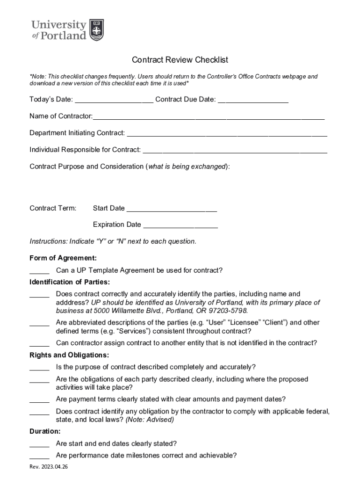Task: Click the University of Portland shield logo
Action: (x=96, y=30)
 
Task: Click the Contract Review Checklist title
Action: (x=180, y=60)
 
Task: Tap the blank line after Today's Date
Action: (x=114, y=100)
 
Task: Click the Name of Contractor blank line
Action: (x=209, y=116)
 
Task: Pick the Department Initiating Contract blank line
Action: (x=227, y=133)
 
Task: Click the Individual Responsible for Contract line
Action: (x=235, y=150)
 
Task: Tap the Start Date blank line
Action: (x=172, y=208)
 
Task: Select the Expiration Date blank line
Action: (x=180, y=225)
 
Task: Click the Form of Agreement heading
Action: (x=63, y=258)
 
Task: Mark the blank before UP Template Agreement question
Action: (x=39, y=271)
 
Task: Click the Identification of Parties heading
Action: (x=70, y=282)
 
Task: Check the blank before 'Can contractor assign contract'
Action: (x=39, y=343)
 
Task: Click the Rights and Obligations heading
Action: (x=69, y=355)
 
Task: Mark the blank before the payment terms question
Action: (x=39, y=400)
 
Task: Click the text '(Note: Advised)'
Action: (x=150, y=420)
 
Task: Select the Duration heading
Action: (x=45, y=431)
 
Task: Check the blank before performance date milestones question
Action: (x=39, y=456)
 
